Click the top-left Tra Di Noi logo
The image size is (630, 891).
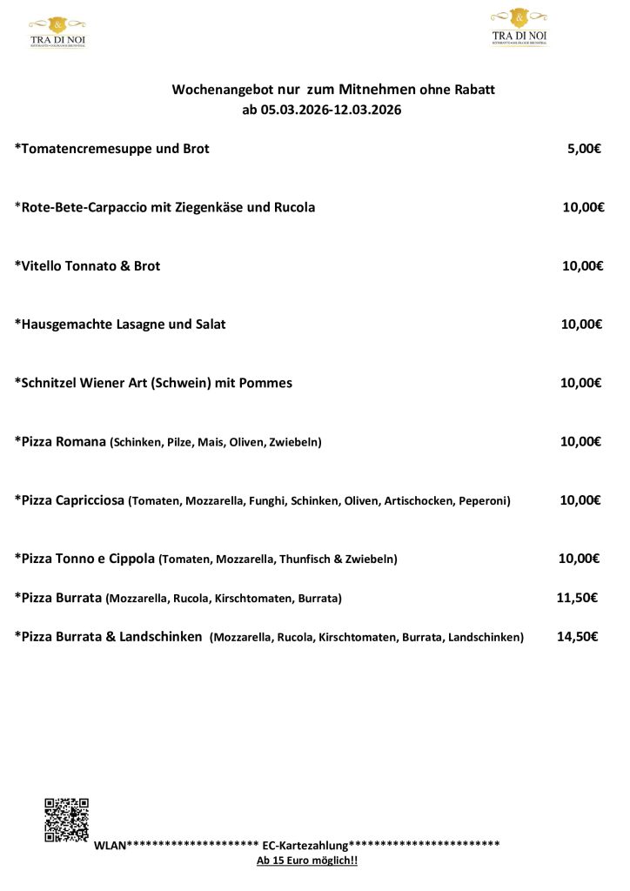tap(57, 31)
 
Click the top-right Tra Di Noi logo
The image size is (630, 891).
tap(519, 27)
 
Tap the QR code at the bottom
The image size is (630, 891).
tap(67, 820)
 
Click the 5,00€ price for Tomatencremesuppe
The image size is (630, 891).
tap(584, 149)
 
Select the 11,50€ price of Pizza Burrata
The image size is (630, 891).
tap(576, 598)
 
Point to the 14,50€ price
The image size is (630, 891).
tap(577, 637)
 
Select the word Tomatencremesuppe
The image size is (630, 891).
tap(84, 149)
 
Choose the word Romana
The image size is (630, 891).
tap(84, 442)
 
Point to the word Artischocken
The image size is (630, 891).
tap(414, 501)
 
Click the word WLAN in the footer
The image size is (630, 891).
tap(110, 846)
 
